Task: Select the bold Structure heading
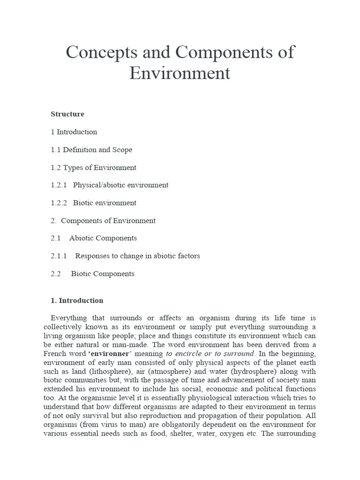(x=67, y=114)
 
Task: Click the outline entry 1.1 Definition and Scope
(x=91, y=150)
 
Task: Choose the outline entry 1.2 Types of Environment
(x=93, y=167)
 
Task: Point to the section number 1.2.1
(x=59, y=185)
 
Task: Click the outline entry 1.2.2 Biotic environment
(x=93, y=203)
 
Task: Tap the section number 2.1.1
(x=59, y=256)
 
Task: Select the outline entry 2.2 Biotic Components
(x=92, y=274)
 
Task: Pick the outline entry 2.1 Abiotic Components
(x=94, y=238)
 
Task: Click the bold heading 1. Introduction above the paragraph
(x=77, y=300)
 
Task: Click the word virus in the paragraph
(x=105, y=424)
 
